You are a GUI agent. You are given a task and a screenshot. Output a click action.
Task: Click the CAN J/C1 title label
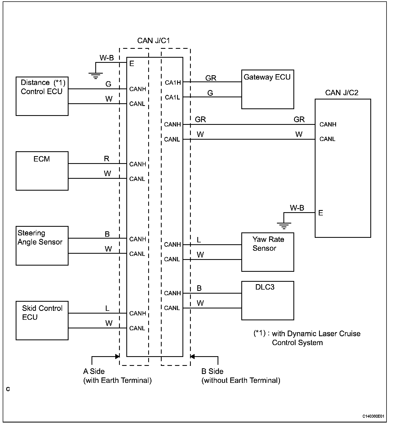pyautogui.click(x=154, y=41)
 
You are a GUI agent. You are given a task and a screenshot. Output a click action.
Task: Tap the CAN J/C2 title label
pyautogui.click(x=342, y=93)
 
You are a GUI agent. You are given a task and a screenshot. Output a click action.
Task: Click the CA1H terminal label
pyautogui.click(x=173, y=83)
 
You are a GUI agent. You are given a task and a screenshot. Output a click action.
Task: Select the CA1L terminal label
pyautogui.click(x=172, y=97)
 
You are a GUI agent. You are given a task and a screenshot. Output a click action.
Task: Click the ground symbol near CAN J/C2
pyautogui.click(x=284, y=226)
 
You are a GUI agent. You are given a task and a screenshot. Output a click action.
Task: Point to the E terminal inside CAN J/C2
pyautogui.click(x=321, y=213)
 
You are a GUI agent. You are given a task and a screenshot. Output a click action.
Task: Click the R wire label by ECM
pyautogui.click(x=107, y=159)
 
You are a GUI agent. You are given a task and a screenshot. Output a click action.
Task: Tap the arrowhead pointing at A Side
pyautogui.click(x=117, y=356)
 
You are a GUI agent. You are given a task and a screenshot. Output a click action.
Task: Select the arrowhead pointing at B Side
pyautogui.click(x=192, y=356)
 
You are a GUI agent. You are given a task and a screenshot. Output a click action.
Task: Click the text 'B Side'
pyautogui.click(x=212, y=372)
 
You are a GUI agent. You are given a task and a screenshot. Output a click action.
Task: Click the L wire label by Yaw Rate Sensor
pyautogui.click(x=199, y=240)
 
